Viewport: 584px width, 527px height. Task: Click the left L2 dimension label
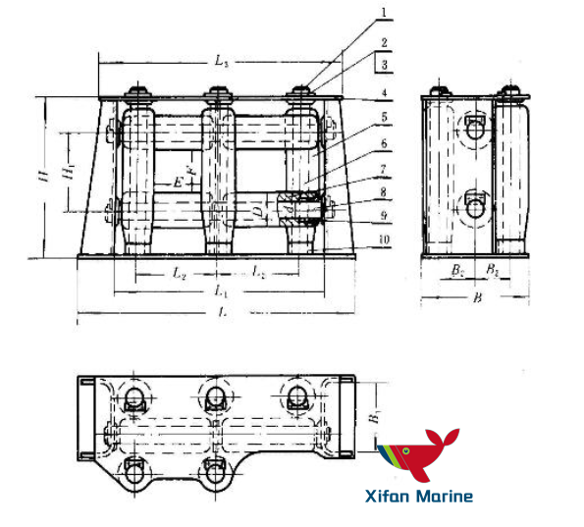click(x=180, y=275)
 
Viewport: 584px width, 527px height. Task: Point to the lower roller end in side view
click(x=474, y=206)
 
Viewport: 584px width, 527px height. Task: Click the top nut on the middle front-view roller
click(x=217, y=96)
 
